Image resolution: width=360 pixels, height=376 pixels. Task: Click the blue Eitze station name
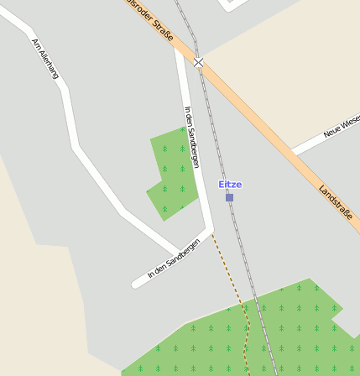[x=229, y=184]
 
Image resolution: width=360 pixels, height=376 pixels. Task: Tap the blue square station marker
[x=229, y=197]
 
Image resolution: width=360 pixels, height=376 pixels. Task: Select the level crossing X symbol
[x=198, y=62]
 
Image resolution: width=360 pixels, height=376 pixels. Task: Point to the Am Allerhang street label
[x=45, y=59]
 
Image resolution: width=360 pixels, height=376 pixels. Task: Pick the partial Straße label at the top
[x=150, y=20]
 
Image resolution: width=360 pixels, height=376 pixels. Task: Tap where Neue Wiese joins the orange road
[x=295, y=152]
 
